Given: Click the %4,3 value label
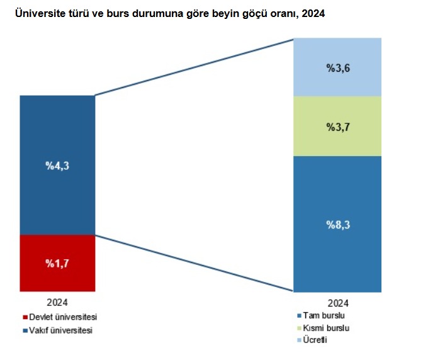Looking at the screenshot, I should pos(57,166).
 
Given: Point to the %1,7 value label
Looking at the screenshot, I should pos(57,263).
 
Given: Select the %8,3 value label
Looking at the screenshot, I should pos(337,224).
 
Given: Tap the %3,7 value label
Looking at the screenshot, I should pos(337,127).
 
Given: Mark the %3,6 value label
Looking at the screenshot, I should pos(337,67).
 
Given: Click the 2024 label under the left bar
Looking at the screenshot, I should pos(57,301).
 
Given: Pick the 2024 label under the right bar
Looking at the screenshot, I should pos(337,301).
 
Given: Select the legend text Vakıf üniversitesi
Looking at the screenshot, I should pos(62,330).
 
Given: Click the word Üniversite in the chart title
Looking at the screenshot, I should pos(38,13).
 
